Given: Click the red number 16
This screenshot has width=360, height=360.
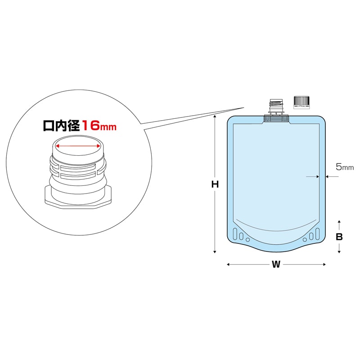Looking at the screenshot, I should [x=91, y=125].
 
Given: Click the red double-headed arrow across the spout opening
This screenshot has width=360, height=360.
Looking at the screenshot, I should [x=77, y=146].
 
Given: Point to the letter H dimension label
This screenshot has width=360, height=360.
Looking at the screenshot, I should [x=215, y=184].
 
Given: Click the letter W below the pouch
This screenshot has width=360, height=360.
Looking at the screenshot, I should [x=276, y=265].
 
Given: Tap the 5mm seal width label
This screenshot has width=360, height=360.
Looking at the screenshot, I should [x=345, y=167].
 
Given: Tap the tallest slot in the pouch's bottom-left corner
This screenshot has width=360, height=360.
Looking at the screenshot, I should [x=235, y=234].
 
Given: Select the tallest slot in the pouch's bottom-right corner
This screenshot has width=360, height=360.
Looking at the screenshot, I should [x=317, y=234].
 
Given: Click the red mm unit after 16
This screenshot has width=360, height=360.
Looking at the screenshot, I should [x=108, y=127].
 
